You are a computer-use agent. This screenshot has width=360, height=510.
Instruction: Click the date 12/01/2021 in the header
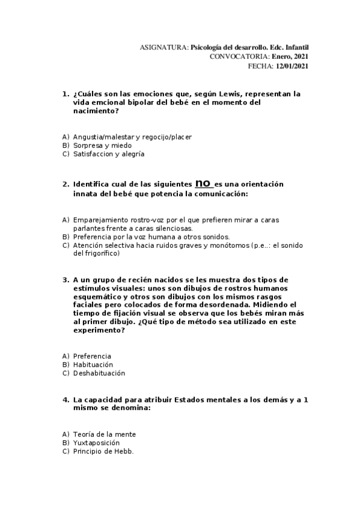(x=292, y=66)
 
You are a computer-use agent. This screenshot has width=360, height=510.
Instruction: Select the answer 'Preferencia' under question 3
(x=92, y=356)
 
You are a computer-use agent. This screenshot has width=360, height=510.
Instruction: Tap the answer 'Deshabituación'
(x=99, y=373)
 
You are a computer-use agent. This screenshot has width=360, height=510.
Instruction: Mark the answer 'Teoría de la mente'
(x=104, y=434)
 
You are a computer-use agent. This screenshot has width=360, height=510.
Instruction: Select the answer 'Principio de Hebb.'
(x=103, y=451)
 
